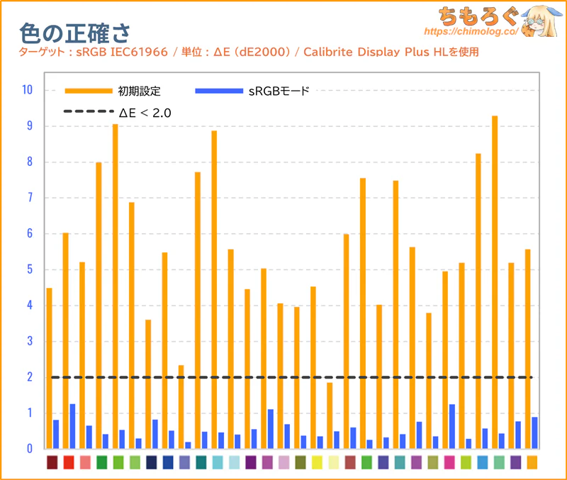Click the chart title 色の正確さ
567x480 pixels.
point(74,31)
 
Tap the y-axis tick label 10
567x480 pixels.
point(27,90)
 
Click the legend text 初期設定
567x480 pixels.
point(140,91)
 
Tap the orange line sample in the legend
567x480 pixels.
point(89,91)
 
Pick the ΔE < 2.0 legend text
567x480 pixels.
point(145,112)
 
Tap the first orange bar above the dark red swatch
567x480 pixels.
point(49,368)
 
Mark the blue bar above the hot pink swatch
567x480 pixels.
point(452,426)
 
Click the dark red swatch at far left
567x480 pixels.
point(52,462)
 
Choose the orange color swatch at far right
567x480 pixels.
point(532,462)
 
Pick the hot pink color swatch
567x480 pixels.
point(449,462)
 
